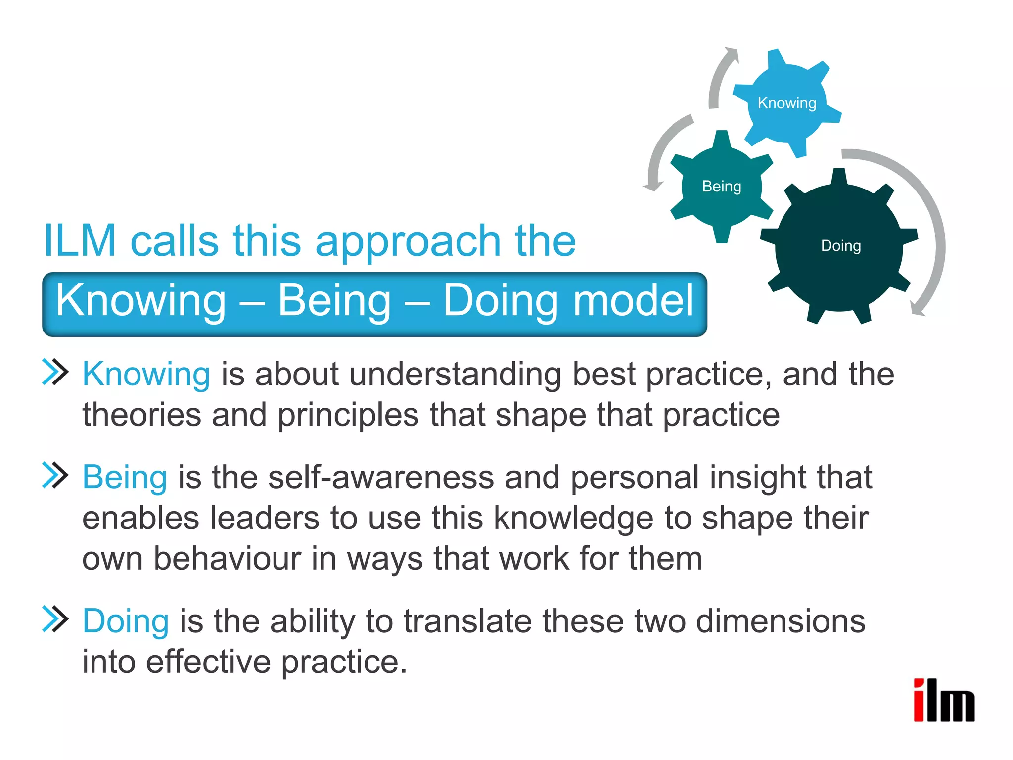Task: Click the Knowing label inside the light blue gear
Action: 786,103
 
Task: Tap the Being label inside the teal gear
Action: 722,186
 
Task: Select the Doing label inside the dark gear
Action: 841,245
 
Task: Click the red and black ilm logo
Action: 944,700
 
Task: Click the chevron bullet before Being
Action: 55,475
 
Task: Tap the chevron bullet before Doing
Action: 55,619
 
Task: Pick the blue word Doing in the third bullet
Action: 126,621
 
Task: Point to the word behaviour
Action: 228,558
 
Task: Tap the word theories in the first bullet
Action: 141,414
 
